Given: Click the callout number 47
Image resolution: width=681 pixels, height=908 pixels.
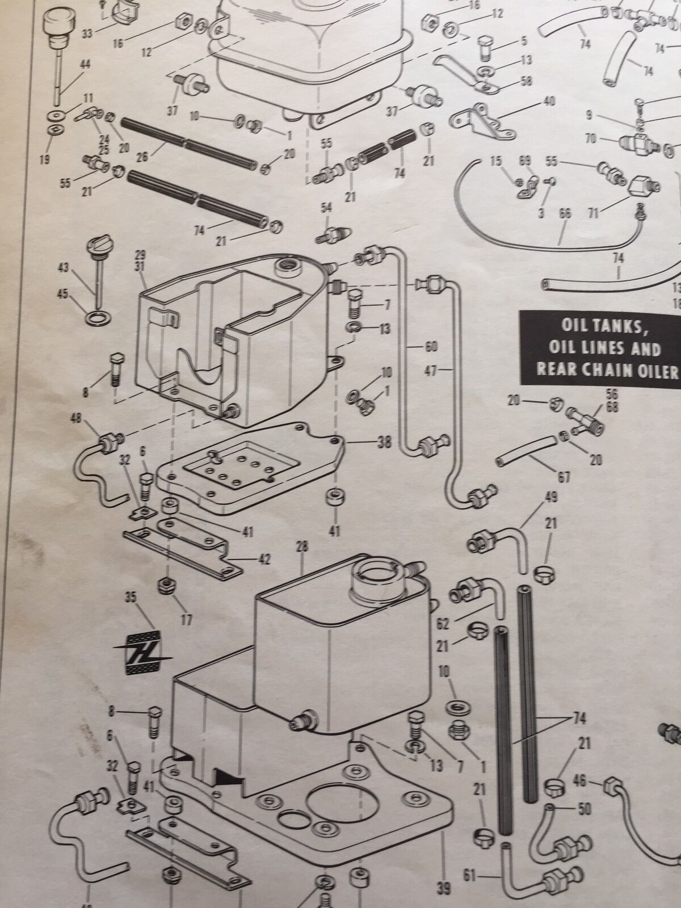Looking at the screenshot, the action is point(430,371).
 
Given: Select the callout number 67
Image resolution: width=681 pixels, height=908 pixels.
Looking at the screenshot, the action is point(564,477).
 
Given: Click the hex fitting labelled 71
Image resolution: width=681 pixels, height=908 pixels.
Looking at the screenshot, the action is point(641,186).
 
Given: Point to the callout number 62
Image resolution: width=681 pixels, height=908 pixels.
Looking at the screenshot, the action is point(443,624).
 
